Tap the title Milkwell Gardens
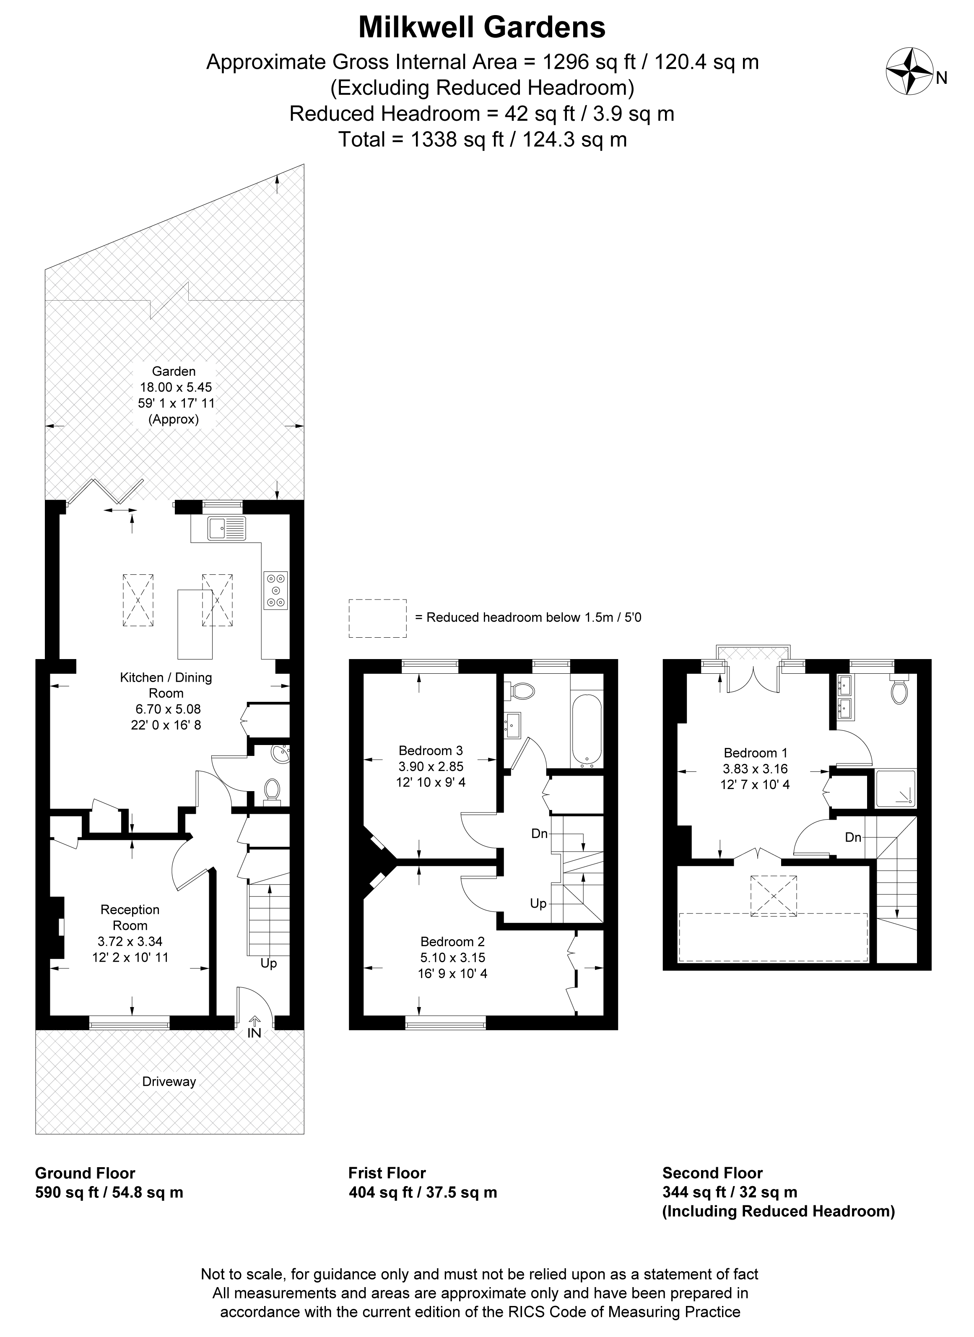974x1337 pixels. click(482, 27)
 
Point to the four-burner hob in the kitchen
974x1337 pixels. click(276, 590)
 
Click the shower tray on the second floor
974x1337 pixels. click(895, 789)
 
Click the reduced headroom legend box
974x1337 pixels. click(377, 618)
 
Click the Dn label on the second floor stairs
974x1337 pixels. click(853, 838)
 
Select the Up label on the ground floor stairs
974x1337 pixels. click(269, 964)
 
